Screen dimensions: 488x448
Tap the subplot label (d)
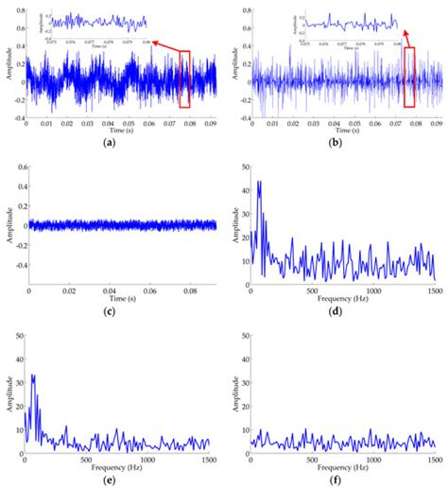(344, 312)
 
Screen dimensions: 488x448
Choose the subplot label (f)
(344, 479)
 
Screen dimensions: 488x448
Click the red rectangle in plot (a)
(184, 79)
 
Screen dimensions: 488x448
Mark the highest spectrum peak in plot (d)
(259, 183)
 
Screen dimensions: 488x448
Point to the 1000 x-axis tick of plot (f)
(374, 459)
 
